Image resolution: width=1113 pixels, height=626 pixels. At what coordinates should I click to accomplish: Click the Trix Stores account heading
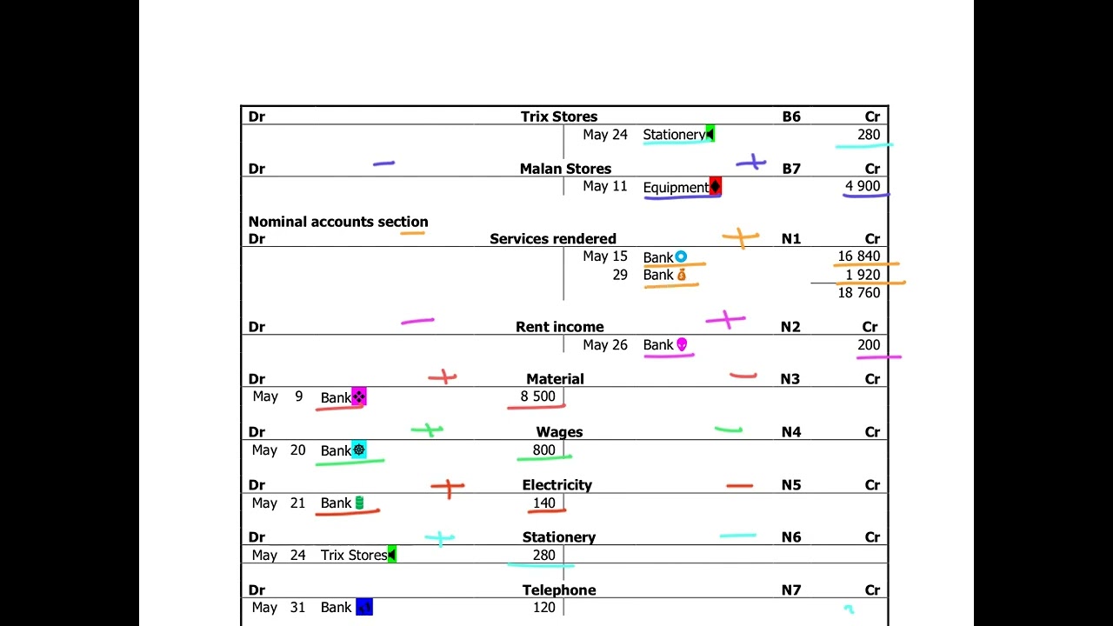coord(559,117)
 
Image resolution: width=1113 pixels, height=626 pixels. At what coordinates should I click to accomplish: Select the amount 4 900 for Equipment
coord(863,186)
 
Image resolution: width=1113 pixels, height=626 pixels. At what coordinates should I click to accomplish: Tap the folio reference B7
coord(791,169)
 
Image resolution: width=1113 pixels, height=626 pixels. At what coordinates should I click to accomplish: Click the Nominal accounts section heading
coord(338,222)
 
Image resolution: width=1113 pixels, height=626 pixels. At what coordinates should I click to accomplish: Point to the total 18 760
coord(858,293)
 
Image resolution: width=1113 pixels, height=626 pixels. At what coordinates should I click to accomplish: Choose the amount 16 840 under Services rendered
coord(858,256)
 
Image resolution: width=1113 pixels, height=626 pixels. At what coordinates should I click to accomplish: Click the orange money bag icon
coord(682,275)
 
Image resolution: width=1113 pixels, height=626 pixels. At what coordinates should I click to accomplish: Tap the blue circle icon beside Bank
coord(681,256)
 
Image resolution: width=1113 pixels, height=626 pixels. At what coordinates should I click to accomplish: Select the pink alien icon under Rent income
coord(682,344)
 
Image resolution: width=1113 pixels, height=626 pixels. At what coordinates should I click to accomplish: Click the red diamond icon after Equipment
coord(715,186)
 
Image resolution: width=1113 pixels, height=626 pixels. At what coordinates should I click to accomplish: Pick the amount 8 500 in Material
coord(537,396)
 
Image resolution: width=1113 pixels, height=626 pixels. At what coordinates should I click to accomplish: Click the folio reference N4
coord(791,432)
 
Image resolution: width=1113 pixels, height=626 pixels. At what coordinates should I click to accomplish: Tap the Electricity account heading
coord(557,485)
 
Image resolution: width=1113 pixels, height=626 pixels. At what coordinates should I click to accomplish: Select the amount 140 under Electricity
coord(544,503)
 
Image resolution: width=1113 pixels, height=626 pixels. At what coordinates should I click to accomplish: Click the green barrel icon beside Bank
coord(359,503)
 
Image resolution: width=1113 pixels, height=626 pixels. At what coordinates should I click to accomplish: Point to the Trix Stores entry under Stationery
coord(354,555)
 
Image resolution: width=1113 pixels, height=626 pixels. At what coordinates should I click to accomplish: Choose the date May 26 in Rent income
coord(605,345)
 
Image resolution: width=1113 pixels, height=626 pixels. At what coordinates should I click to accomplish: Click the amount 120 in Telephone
coord(544,607)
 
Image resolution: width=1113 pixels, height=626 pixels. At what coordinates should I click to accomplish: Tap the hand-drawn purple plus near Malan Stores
coord(751,162)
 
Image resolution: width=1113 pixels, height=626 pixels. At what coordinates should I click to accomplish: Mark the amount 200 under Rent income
coord(869,345)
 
